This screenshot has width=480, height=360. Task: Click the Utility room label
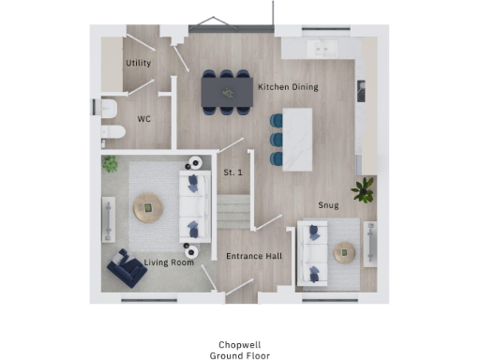138,63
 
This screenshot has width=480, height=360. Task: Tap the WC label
144,119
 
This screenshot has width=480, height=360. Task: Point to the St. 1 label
232,172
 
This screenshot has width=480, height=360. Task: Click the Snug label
328,204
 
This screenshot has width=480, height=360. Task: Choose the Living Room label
169,262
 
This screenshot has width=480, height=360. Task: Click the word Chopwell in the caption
239,344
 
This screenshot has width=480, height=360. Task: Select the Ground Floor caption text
239,355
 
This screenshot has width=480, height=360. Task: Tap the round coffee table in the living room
147,208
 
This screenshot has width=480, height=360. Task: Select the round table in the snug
345,251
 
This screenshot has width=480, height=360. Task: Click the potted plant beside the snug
363,190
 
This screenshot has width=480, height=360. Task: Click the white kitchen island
297,139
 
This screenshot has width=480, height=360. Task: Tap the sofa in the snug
311,252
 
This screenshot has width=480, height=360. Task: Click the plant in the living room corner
111,165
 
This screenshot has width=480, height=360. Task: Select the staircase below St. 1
234,210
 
